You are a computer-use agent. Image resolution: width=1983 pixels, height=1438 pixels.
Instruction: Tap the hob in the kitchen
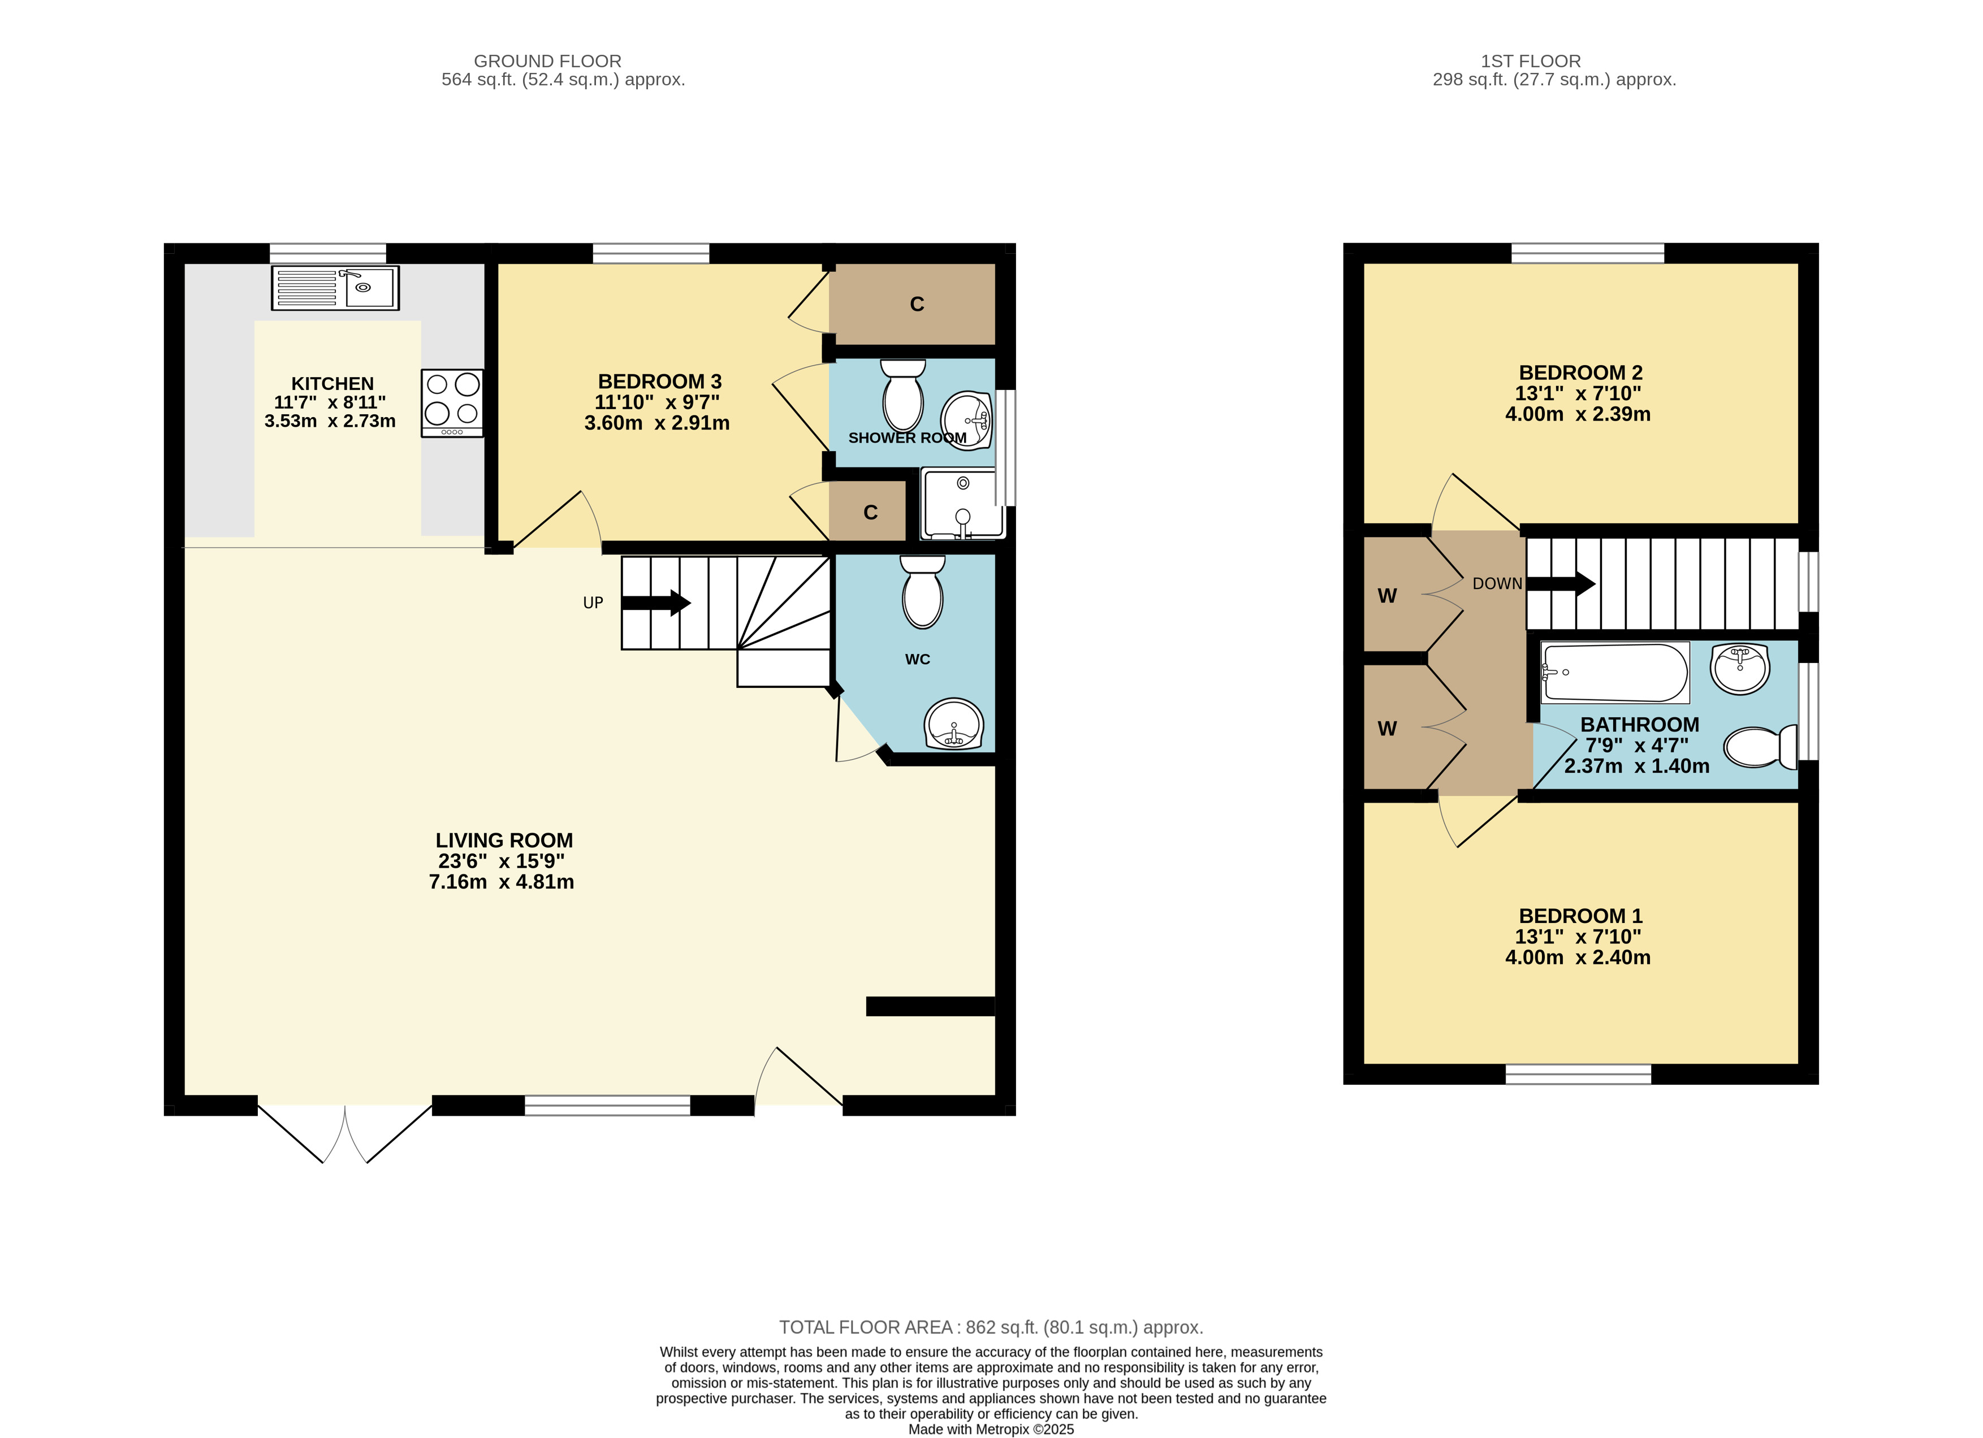[452, 403]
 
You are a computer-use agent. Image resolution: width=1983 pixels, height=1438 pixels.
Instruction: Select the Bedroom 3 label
[659, 382]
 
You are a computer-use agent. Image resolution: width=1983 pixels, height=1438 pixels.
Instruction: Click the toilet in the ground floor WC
[922, 592]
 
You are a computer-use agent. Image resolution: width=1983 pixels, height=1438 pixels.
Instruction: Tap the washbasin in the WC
[954, 724]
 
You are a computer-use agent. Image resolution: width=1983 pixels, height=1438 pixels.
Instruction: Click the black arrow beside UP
[656, 603]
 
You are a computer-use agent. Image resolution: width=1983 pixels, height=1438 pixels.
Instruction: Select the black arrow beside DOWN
[1561, 583]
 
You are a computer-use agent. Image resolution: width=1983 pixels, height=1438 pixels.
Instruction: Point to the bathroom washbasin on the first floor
[1740, 669]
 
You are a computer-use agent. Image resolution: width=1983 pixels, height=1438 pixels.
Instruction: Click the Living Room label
[504, 840]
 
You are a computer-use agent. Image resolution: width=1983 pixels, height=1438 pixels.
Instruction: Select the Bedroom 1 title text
[1580, 916]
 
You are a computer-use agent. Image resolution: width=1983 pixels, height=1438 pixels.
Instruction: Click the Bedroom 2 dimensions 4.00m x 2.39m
[1578, 414]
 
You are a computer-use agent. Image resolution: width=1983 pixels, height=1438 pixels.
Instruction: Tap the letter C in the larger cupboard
[917, 304]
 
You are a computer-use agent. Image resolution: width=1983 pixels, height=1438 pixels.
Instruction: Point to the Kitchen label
[332, 384]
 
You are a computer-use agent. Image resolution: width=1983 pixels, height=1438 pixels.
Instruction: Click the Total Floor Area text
[991, 1327]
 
